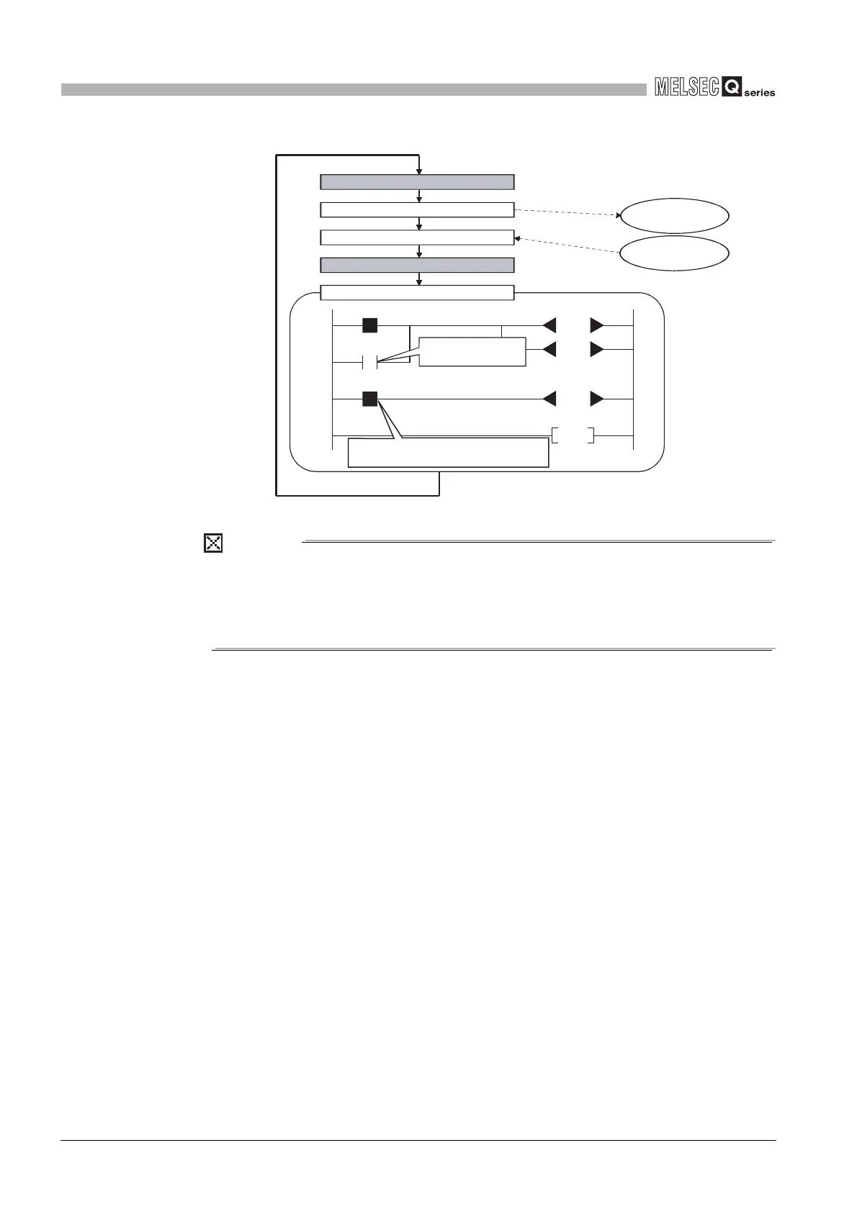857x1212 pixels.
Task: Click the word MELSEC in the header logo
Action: (687, 88)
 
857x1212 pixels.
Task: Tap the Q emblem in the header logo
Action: (732, 88)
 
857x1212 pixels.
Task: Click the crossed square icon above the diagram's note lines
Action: (213, 543)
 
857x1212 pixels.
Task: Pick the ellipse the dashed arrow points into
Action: (675, 215)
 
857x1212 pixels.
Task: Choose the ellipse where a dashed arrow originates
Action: (675, 253)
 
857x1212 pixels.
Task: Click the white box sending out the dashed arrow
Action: (417, 209)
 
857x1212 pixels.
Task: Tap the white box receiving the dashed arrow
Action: (417, 238)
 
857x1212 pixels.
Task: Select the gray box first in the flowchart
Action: (417, 181)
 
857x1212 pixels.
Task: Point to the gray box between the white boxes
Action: (417, 265)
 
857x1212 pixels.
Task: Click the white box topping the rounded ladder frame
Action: (417, 292)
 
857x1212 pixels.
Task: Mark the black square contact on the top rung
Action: (369, 325)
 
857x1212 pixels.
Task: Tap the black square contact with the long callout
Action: (369, 399)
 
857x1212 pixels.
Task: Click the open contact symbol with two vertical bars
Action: (369, 362)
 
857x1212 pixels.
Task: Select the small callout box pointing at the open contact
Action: (472, 351)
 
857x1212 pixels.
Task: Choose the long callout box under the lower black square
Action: (448, 453)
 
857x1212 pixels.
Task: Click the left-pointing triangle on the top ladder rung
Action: (549, 325)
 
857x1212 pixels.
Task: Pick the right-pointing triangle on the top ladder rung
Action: (597, 325)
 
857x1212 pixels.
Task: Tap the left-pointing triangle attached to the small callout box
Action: (549, 350)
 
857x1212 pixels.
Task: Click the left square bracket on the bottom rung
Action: (555, 435)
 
